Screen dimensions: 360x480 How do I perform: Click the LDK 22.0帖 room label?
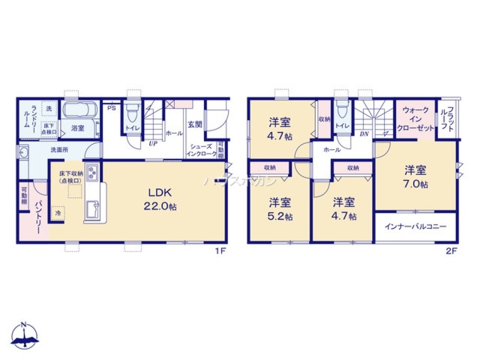point(160,199)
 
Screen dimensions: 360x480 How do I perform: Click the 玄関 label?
point(194,124)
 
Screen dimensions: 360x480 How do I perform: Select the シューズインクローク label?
point(201,151)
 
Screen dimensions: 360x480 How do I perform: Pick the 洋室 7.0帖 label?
point(416,176)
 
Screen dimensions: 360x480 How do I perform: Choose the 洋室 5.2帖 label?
point(280,208)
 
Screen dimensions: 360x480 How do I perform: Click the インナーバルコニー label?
point(416,227)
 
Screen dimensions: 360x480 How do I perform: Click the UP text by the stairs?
point(153,143)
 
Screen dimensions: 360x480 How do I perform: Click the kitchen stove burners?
point(93,170)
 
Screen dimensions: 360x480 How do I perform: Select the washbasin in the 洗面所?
point(24,153)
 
